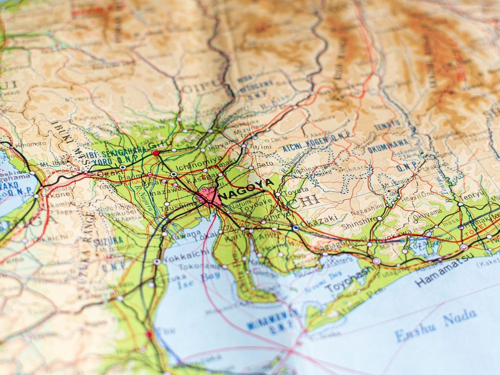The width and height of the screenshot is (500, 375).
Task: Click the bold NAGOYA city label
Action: tap(247, 187)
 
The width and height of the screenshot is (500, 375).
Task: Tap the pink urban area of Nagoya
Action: tap(209, 197)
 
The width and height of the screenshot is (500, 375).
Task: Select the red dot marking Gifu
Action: tap(155, 153)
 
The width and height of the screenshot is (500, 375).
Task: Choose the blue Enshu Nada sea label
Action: tap(436, 326)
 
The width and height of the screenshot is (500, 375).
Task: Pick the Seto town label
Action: tap(265, 165)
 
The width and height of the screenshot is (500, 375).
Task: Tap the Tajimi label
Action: tap(260, 146)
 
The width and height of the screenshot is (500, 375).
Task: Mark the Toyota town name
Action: tap(296, 190)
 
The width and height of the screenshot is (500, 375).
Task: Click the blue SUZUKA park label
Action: tap(108, 241)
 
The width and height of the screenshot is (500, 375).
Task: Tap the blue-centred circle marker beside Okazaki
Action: tap(295, 228)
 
